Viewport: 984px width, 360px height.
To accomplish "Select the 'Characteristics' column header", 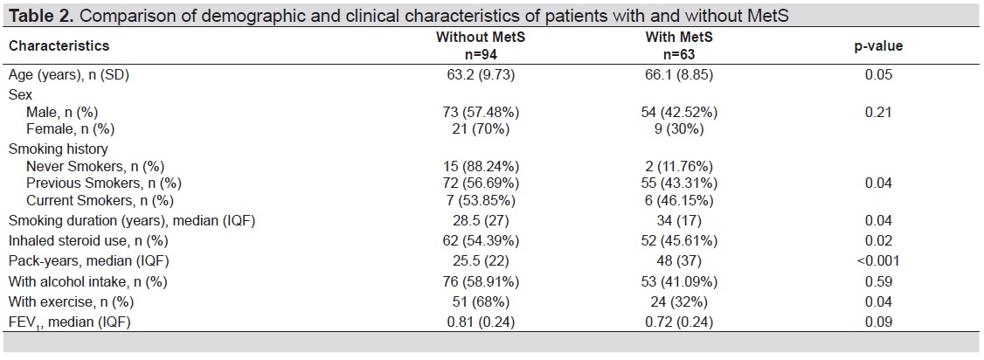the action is click(x=59, y=45).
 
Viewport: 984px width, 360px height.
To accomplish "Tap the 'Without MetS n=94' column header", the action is click(x=481, y=45).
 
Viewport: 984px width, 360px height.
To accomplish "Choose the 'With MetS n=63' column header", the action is click(x=679, y=45).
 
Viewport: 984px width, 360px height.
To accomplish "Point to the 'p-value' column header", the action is click(x=878, y=45).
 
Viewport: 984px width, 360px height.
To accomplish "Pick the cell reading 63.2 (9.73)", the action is click(x=481, y=75).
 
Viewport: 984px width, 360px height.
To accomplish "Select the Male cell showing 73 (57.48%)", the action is click(x=481, y=112).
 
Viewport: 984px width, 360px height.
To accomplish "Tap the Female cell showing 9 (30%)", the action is click(x=679, y=129).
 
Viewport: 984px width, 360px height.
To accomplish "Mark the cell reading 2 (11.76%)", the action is click(x=679, y=166).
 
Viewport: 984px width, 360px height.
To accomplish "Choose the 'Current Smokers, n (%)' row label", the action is click(x=100, y=201).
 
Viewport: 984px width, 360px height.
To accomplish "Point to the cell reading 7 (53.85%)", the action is click(x=481, y=201).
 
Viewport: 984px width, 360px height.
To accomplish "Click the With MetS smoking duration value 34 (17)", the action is click(x=679, y=221).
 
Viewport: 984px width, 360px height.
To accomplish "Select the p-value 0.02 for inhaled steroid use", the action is click(x=878, y=241).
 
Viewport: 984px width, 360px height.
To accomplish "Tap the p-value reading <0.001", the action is click(x=878, y=260).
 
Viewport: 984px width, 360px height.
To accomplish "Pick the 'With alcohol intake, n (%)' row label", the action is click(x=88, y=281).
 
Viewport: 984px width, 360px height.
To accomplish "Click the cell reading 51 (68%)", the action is click(x=481, y=301).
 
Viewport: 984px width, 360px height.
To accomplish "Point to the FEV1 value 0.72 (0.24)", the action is click(x=679, y=322).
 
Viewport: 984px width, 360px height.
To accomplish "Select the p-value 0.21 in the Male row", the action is click(x=878, y=112).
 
